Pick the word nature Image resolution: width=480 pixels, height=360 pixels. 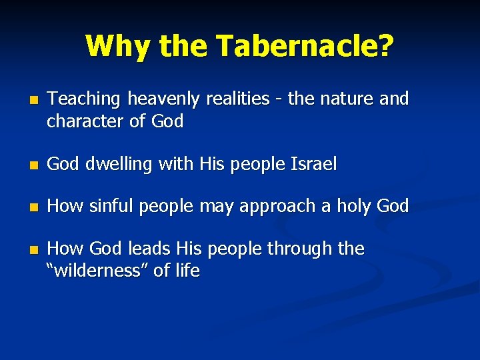point(345,99)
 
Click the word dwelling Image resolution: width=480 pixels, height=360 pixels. point(121,164)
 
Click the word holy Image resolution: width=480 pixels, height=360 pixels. point(368,207)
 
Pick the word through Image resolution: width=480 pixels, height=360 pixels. point(301,249)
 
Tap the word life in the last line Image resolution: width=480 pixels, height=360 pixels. point(188,271)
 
